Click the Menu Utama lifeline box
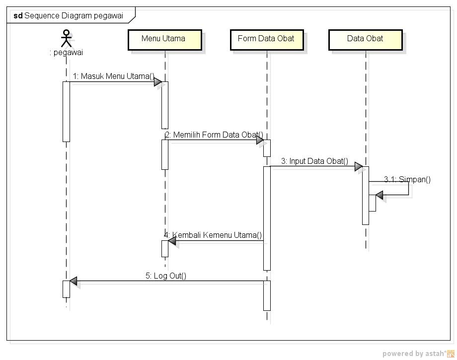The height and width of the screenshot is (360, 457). [x=164, y=40]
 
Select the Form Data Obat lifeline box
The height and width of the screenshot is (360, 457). [x=266, y=40]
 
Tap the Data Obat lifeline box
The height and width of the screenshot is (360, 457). [x=365, y=40]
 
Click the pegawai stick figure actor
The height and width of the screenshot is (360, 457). [x=66, y=38]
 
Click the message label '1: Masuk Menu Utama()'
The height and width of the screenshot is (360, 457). [x=114, y=76]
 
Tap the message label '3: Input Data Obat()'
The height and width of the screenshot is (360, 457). [x=314, y=161]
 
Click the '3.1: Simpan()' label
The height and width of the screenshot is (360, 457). [x=407, y=179]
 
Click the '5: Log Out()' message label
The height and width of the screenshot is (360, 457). [x=166, y=276]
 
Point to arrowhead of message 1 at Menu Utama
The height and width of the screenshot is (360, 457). [x=158, y=82]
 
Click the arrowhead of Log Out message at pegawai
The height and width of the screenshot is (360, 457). [x=74, y=282]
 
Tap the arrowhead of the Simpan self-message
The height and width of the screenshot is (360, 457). [x=380, y=196]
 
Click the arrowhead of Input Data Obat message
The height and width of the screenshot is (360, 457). [x=359, y=167]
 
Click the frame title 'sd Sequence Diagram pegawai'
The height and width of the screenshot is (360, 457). [x=69, y=15]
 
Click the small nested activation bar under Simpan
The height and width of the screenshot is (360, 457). [x=372, y=203]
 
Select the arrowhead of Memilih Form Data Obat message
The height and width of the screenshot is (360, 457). [x=260, y=141]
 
